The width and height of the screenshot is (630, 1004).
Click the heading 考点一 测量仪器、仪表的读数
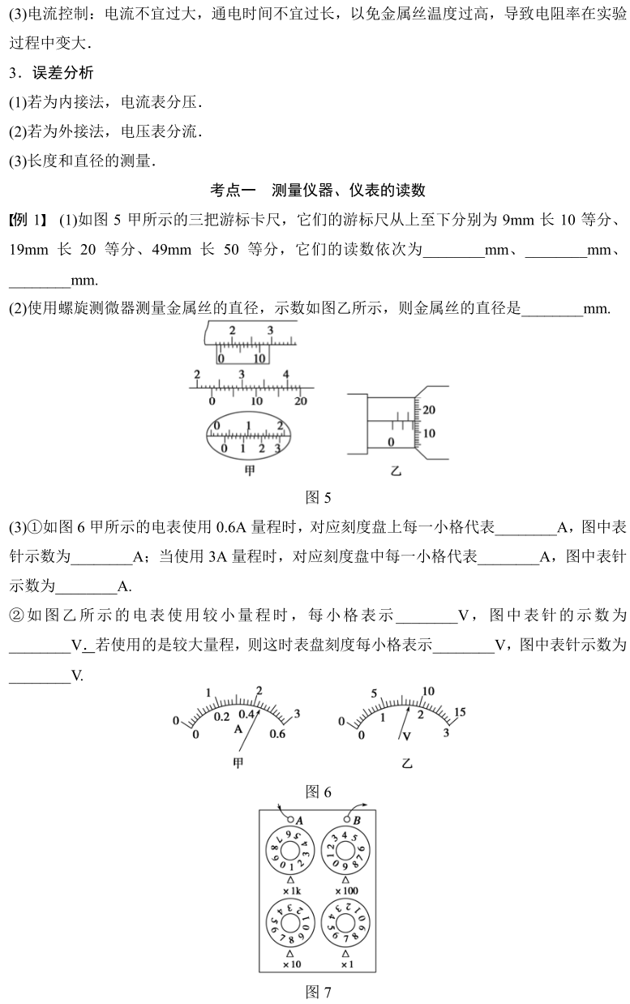click(x=317, y=191)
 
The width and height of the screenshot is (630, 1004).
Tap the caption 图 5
click(x=317, y=497)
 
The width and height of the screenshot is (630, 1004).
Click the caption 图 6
click(x=317, y=791)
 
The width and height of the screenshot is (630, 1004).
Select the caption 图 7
click(x=317, y=991)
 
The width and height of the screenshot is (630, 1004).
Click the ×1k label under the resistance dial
click(x=290, y=892)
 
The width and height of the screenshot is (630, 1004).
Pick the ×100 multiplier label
click(x=346, y=892)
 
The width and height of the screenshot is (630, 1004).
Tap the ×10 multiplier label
click(x=289, y=964)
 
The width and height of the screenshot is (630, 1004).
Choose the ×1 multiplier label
click(x=346, y=964)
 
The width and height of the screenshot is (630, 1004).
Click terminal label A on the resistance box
click(x=298, y=820)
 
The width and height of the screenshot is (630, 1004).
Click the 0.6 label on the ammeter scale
click(x=277, y=735)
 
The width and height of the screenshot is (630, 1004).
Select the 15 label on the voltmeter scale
click(x=459, y=713)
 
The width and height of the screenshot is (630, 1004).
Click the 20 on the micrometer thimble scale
click(x=429, y=410)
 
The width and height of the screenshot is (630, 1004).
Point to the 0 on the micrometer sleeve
click(x=391, y=442)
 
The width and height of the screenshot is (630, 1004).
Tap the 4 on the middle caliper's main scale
click(x=286, y=374)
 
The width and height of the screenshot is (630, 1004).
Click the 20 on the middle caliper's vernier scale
click(x=300, y=401)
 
